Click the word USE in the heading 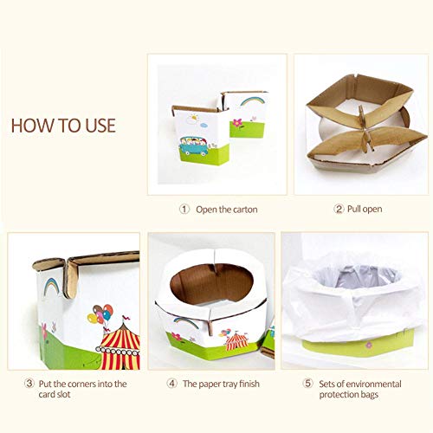tap(94, 125)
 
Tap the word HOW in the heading tap(33, 125)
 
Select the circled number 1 tap(184, 209)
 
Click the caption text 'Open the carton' tap(227, 209)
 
